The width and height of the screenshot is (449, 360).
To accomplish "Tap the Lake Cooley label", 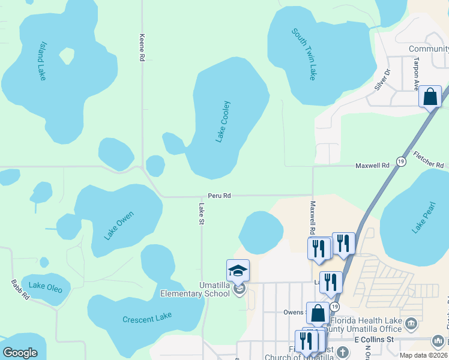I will [x=223, y=121].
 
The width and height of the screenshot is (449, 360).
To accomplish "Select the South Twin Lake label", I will [x=304, y=54].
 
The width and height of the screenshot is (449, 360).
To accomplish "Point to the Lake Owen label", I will [x=119, y=226].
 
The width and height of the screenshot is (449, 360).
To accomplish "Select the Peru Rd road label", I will [x=219, y=196].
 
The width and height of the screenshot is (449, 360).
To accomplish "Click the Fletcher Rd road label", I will [x=431, y=165].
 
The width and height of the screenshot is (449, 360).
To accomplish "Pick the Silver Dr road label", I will [x=382, y=79].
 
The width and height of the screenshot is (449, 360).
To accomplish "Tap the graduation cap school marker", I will [x=238, y=271].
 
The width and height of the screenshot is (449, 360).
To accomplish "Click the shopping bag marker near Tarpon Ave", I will [x=430, y=97].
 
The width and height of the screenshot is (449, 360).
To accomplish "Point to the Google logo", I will [x=20, y=353].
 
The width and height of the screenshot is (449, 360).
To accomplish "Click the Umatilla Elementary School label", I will [x=195, y=289].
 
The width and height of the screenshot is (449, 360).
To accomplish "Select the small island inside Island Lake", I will [x=67, y=56].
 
